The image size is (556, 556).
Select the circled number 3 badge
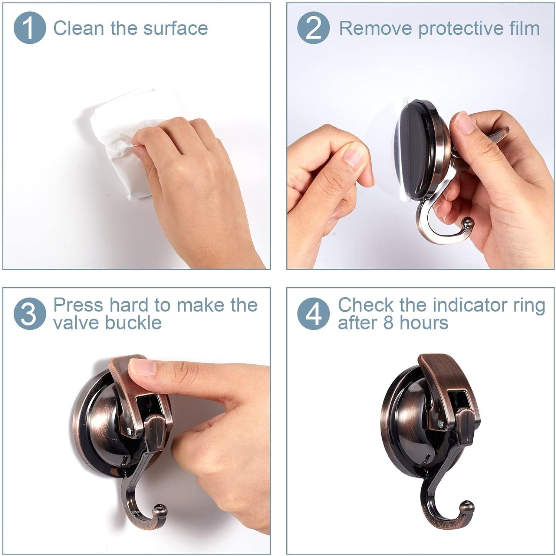(x=30, y=314)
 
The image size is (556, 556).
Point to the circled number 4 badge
(x=313, y=314)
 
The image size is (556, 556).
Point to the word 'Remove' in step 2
(x=376, y=28)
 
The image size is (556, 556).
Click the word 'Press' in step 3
(x=78, y=305)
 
